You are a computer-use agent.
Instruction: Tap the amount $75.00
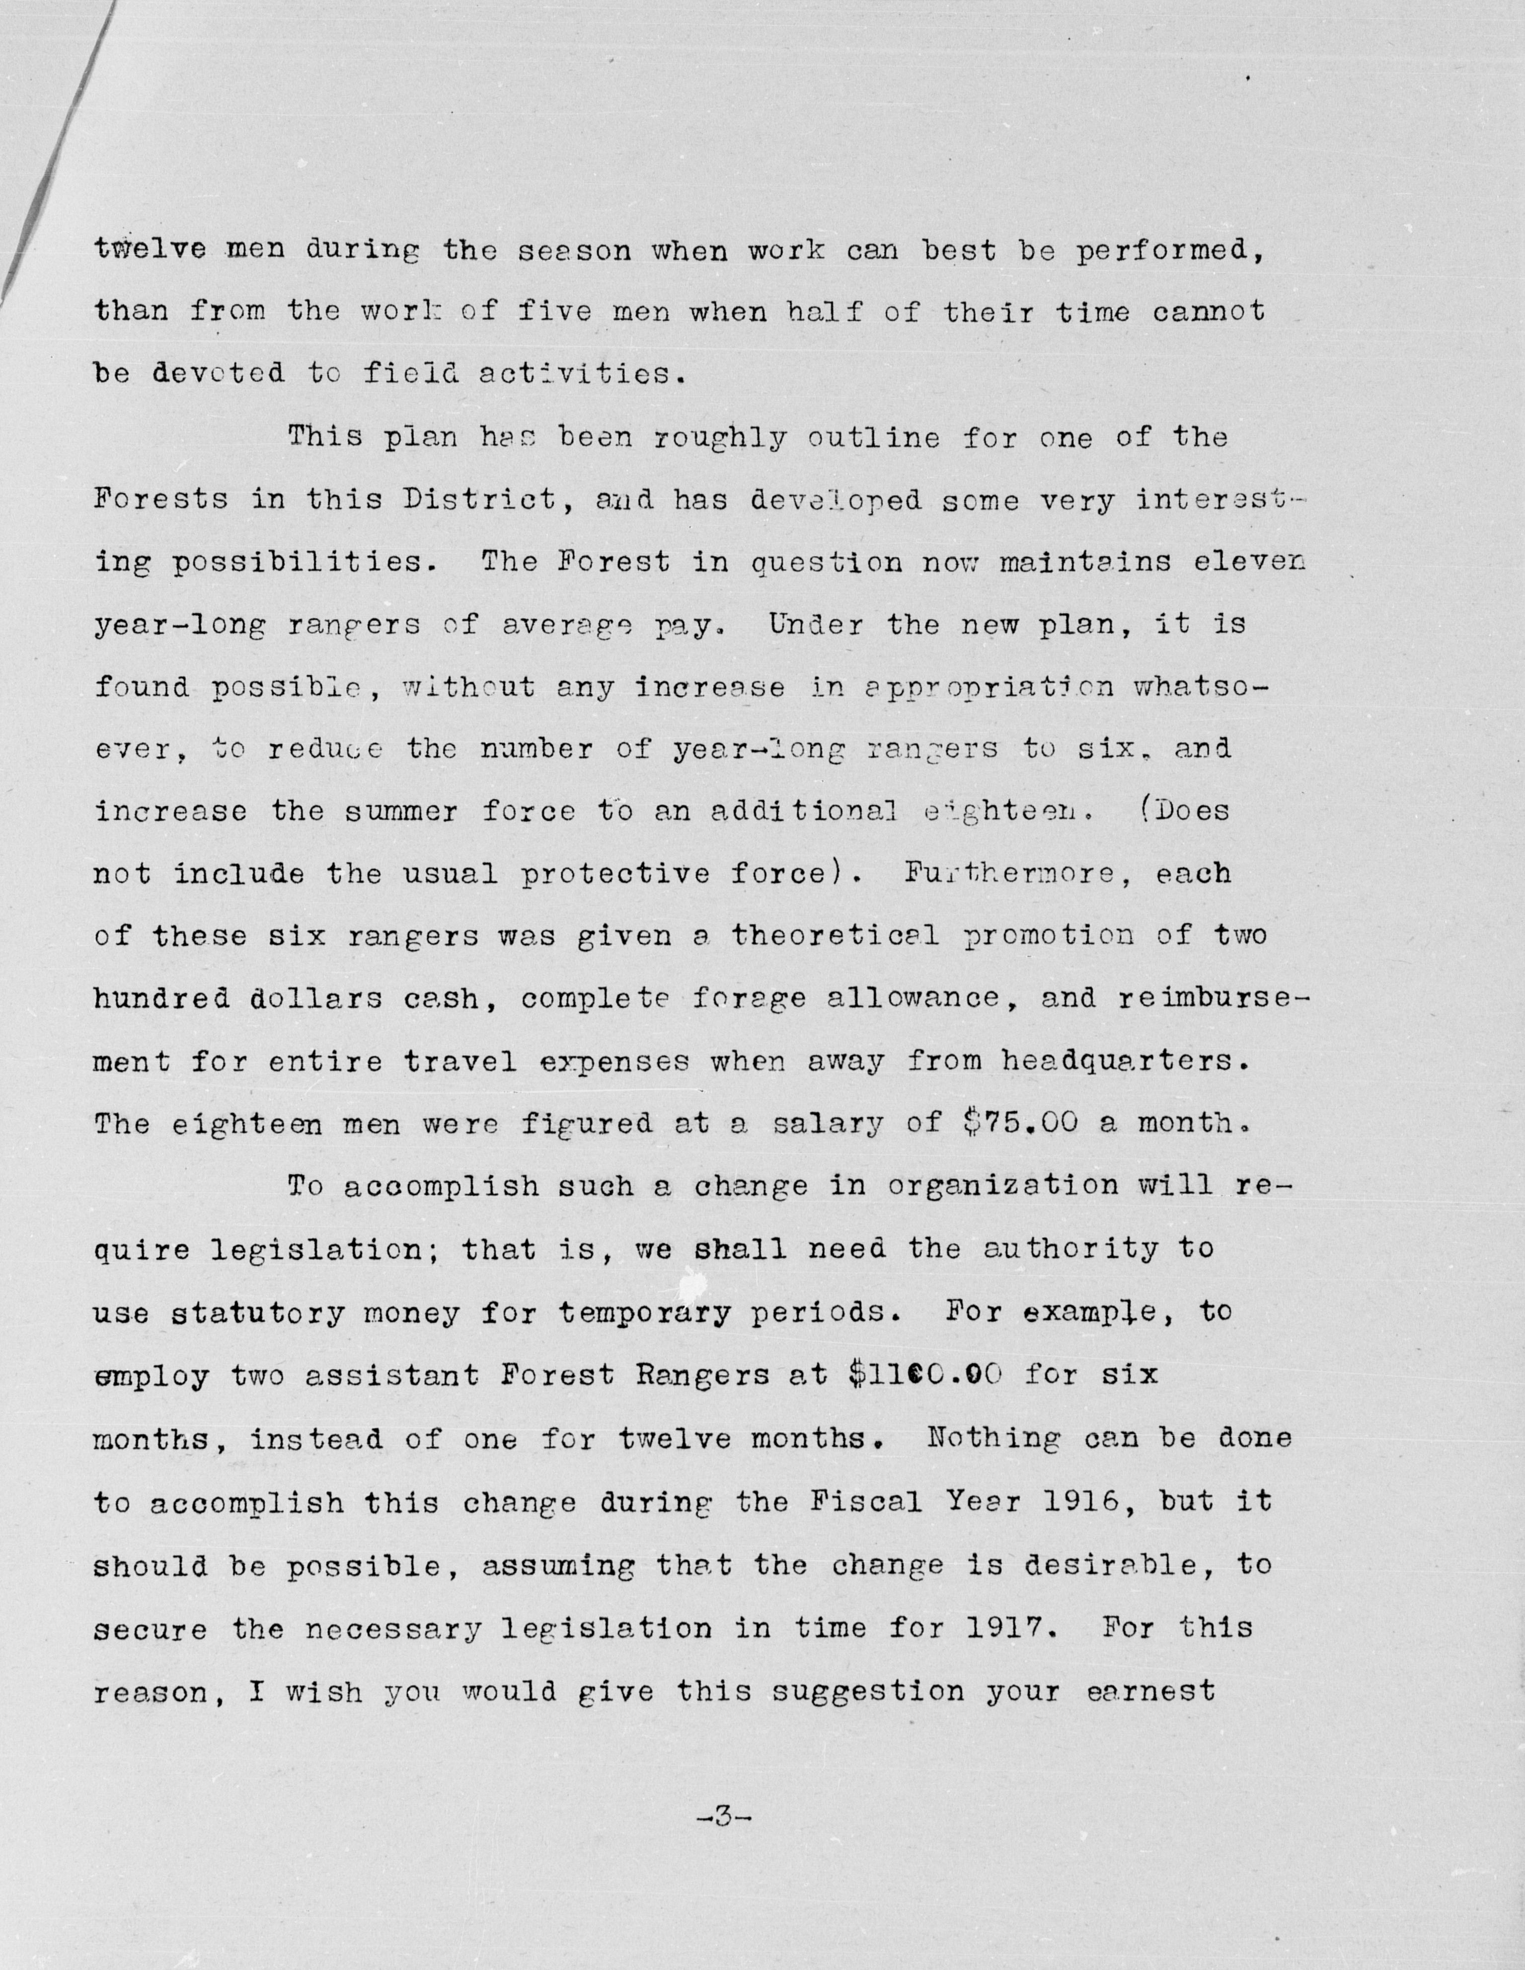pos(1020,1123)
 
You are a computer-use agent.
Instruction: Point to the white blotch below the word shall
pos(694,1281)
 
